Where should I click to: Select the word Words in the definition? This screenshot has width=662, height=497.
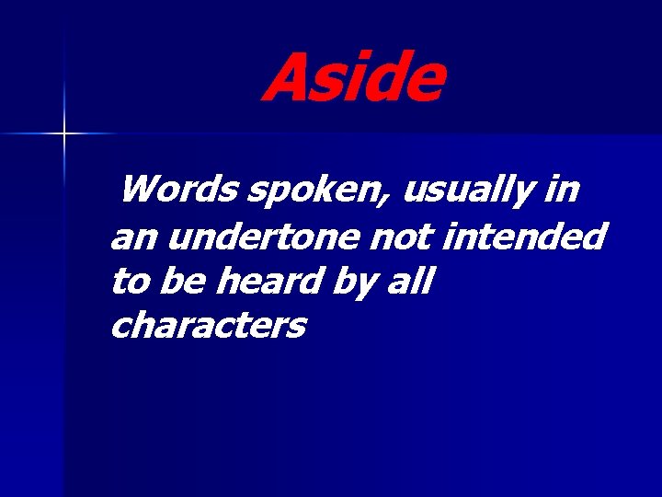(x=178, y=191)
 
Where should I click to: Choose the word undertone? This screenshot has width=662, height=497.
(x=263, y=237)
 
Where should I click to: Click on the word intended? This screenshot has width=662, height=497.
(x=524, y=237)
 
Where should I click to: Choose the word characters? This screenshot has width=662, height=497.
(x=208, y=325)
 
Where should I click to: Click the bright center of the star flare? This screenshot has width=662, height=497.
(x=64, y=134)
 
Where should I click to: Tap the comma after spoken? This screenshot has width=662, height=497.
(x=393, y=202)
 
